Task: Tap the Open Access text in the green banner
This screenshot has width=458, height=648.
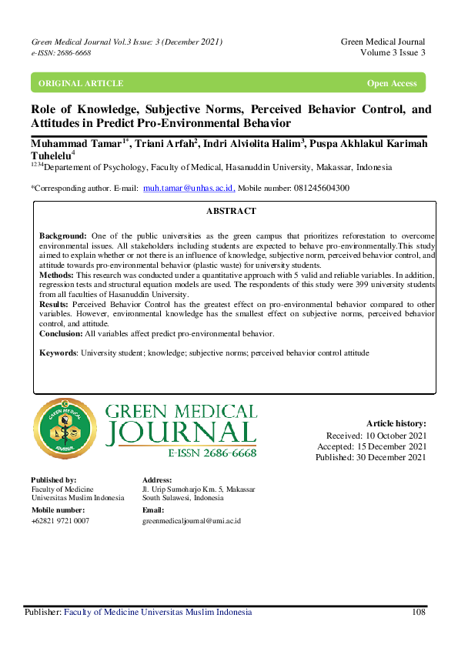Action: [392, 83]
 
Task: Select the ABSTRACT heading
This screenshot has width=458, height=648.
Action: [231, 211]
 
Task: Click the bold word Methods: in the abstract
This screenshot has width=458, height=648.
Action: [56, 275]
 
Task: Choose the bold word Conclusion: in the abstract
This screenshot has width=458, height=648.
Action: [61, 333]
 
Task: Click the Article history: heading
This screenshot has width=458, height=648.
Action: [396, 423]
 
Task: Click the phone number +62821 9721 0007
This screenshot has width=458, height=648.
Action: [60, 521]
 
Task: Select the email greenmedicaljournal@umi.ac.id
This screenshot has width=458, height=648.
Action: [192, 521]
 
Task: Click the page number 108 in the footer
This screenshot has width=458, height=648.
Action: [418, 613]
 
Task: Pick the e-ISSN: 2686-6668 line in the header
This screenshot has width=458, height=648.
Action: [61, 52]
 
